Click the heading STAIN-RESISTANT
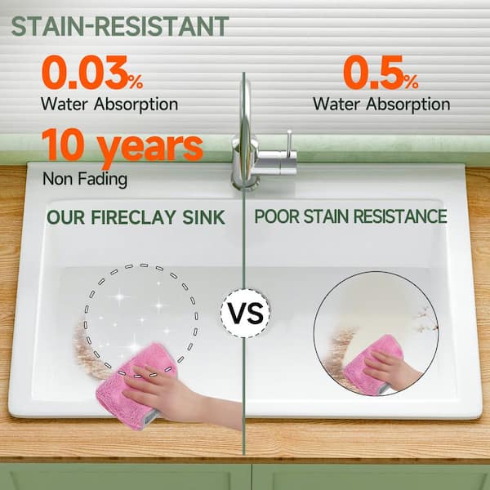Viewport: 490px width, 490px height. (x=120, y=26)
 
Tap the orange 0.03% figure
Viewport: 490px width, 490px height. (x=92, y=73)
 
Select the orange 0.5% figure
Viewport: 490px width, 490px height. (x=381, y=73)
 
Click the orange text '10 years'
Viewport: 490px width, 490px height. (x=122, y=147)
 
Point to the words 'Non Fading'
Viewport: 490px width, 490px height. (x=85, y=179)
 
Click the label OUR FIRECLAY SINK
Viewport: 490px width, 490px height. (x=136, y=217)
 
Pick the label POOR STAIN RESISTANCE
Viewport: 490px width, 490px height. (x=350, y=216)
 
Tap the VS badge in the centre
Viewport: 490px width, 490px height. (x=245, y=313)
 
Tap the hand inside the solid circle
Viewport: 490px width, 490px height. (x=390, y=369)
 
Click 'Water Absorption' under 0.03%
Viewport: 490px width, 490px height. (x=109, y=104)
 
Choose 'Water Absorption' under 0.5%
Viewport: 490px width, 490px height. (x=381, y=104)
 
